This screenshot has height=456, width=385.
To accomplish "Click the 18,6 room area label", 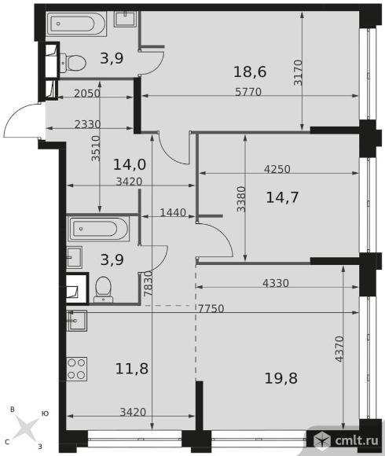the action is coord(250,72).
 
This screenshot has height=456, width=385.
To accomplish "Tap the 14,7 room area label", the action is coord(282,197).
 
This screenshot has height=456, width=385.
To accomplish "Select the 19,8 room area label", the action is coord(281,378).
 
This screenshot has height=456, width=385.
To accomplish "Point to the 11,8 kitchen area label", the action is coord(132,369).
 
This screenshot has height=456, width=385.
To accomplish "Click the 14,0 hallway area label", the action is coord(130,164).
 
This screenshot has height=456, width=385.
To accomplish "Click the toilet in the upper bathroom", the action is coord(73,61).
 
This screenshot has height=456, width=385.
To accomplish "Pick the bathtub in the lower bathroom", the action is coord(98,229).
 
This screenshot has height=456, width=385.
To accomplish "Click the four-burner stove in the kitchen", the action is coord(77,369).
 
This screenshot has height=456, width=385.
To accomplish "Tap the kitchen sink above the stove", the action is coord(77,321).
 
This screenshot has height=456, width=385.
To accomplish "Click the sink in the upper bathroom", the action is coord(125,19).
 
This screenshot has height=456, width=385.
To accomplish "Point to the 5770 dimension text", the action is coord(248,92).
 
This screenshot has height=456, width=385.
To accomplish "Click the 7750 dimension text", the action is coord(211,308).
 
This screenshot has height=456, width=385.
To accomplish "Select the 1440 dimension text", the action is coord(173,212).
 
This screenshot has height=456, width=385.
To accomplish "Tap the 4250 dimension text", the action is coord(277,169).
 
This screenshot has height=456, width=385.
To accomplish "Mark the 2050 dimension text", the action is coord(87,94).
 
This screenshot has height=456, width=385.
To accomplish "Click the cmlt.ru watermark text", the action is coord(356,440).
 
